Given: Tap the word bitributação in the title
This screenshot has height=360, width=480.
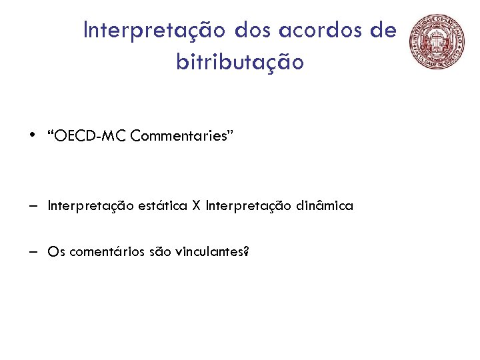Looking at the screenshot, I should coord(240,63).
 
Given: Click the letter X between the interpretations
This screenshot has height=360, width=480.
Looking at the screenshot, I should coord(196,206).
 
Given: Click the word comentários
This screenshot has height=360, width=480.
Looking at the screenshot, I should coord(98,252).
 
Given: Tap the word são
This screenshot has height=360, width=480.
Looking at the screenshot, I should coord(146,252).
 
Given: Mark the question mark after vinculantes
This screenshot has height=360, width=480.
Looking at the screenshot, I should coord(246,252).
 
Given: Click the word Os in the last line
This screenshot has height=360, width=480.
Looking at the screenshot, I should coord(56,252).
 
